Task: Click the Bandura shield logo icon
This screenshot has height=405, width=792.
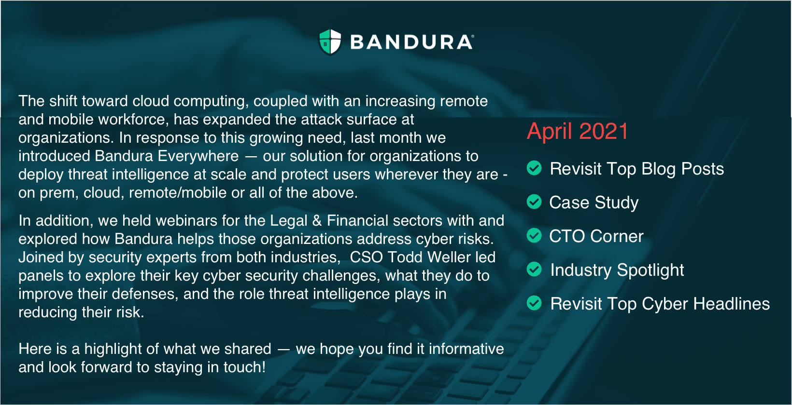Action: [x=330, y=42]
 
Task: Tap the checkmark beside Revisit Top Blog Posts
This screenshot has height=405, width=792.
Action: [x=534, y=168]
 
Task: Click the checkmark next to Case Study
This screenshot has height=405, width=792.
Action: [x=534, y=202]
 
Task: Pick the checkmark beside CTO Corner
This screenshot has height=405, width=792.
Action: [x=534, y=235]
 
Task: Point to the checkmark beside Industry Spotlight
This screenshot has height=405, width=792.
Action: [x=534, y=270]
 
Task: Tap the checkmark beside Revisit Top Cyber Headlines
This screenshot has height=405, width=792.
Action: [x=534, y=303]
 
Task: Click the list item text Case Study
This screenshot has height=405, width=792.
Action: [x=594, y=203]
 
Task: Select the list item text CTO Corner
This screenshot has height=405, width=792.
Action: [x=596, y=236]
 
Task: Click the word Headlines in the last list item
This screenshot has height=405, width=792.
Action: [x=732, y=304]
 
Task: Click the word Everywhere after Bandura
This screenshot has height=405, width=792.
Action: [x=198, y=156]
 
